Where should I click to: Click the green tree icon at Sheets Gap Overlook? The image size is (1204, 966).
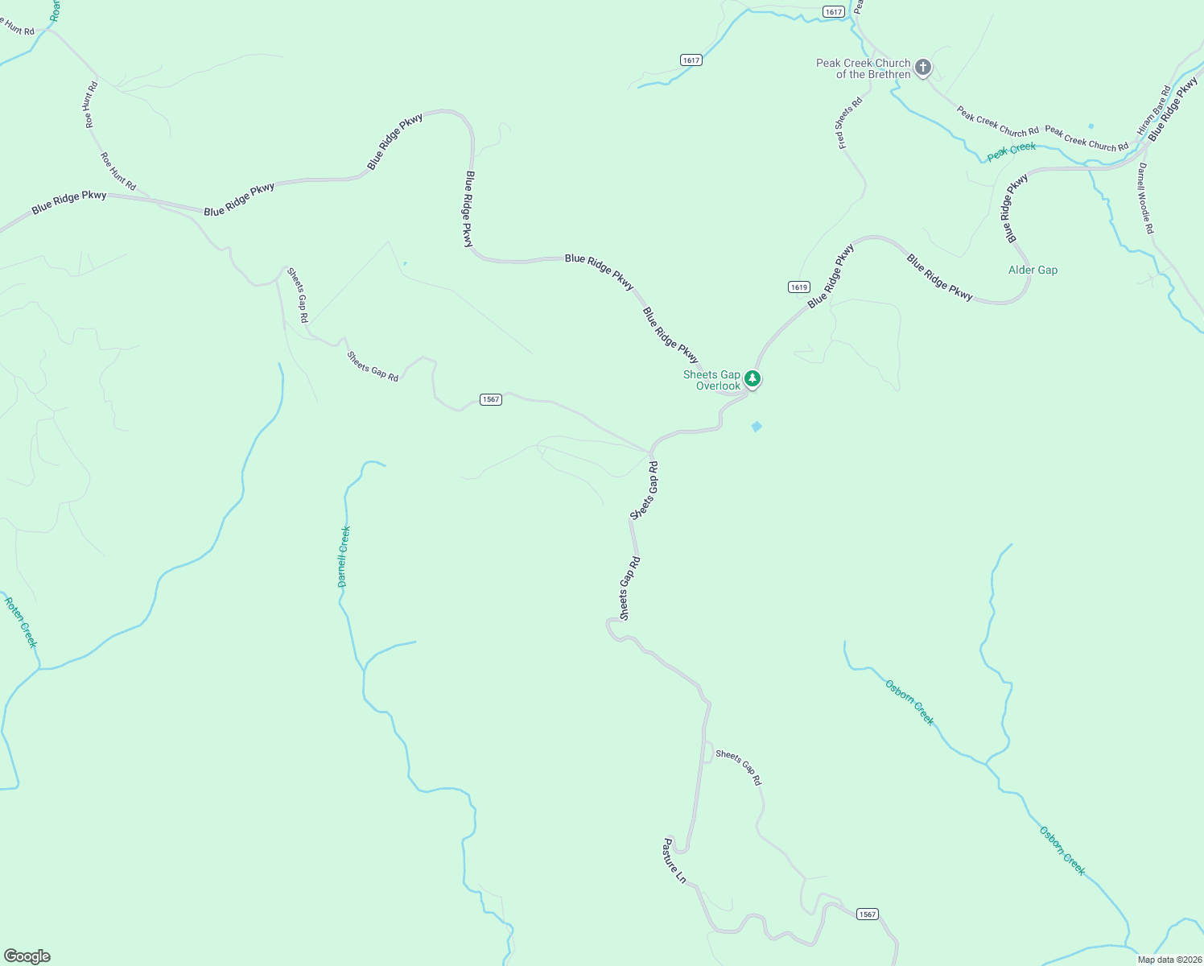[752, 378]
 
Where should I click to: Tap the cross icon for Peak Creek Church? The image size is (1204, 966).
[923, 67]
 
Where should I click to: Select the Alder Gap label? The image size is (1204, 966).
[1033, 270]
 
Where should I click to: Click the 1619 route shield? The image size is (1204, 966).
[798, 287]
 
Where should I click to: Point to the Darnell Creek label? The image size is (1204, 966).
[344, 556]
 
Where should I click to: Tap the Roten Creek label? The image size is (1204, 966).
[21, 622]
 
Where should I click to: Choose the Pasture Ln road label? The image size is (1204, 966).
[674, 861]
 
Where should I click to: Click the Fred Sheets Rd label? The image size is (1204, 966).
[849, 123]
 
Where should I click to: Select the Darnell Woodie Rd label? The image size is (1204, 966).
[1145, 198]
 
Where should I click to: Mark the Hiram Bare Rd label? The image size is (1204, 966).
[1154, 110]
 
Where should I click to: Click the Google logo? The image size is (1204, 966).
[27, 956]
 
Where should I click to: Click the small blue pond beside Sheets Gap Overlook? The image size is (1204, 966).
[757, 426]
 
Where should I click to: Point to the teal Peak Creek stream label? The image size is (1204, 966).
[1012, 151]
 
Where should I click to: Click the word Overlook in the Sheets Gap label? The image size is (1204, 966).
[718, 386]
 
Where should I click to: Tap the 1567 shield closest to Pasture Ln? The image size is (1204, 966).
[867, 914]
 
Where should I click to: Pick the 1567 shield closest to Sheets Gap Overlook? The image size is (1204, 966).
[491, 399]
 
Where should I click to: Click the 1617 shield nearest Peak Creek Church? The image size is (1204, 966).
[834, 11]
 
